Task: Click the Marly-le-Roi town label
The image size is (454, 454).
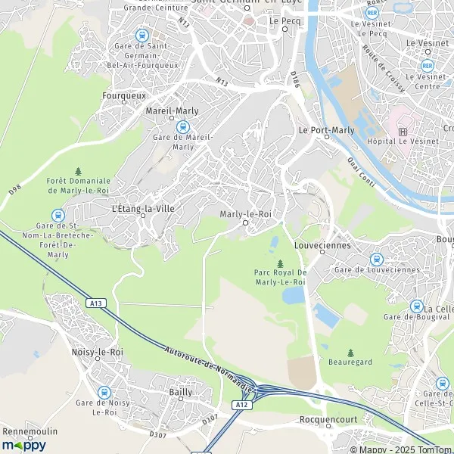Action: (244, 214)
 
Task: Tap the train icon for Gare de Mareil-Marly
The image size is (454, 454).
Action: (182, 126)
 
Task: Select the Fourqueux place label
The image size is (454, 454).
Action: (124, 96)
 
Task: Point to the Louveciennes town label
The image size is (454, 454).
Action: (324, 245)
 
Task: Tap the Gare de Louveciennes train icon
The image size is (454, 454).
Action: (376, 259)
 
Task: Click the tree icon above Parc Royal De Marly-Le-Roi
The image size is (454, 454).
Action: (280, 263)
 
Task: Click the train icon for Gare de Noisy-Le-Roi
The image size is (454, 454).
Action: (104, 392)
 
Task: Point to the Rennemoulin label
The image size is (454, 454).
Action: (28, 431)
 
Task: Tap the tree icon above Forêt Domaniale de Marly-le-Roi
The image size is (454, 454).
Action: (78, 172)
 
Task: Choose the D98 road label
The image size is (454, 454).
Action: (14, 188)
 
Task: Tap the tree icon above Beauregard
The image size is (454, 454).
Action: (350, 353)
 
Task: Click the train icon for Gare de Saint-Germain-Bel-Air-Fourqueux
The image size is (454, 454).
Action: (141, 35)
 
